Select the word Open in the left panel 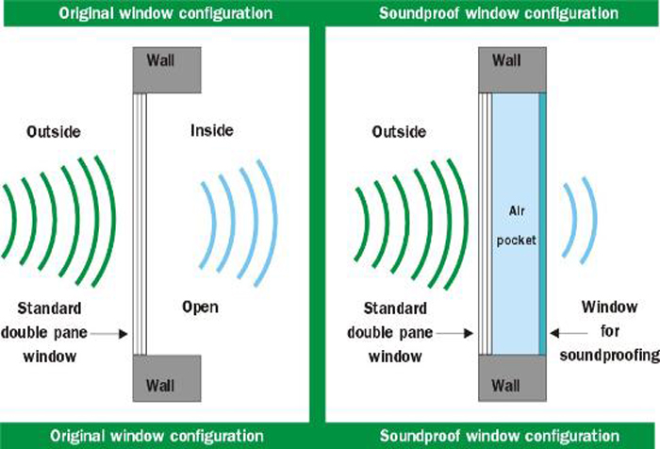[x=200, y=307]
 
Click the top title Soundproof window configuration [x=499, y=13]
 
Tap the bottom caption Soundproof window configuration [x=499, y=436]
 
